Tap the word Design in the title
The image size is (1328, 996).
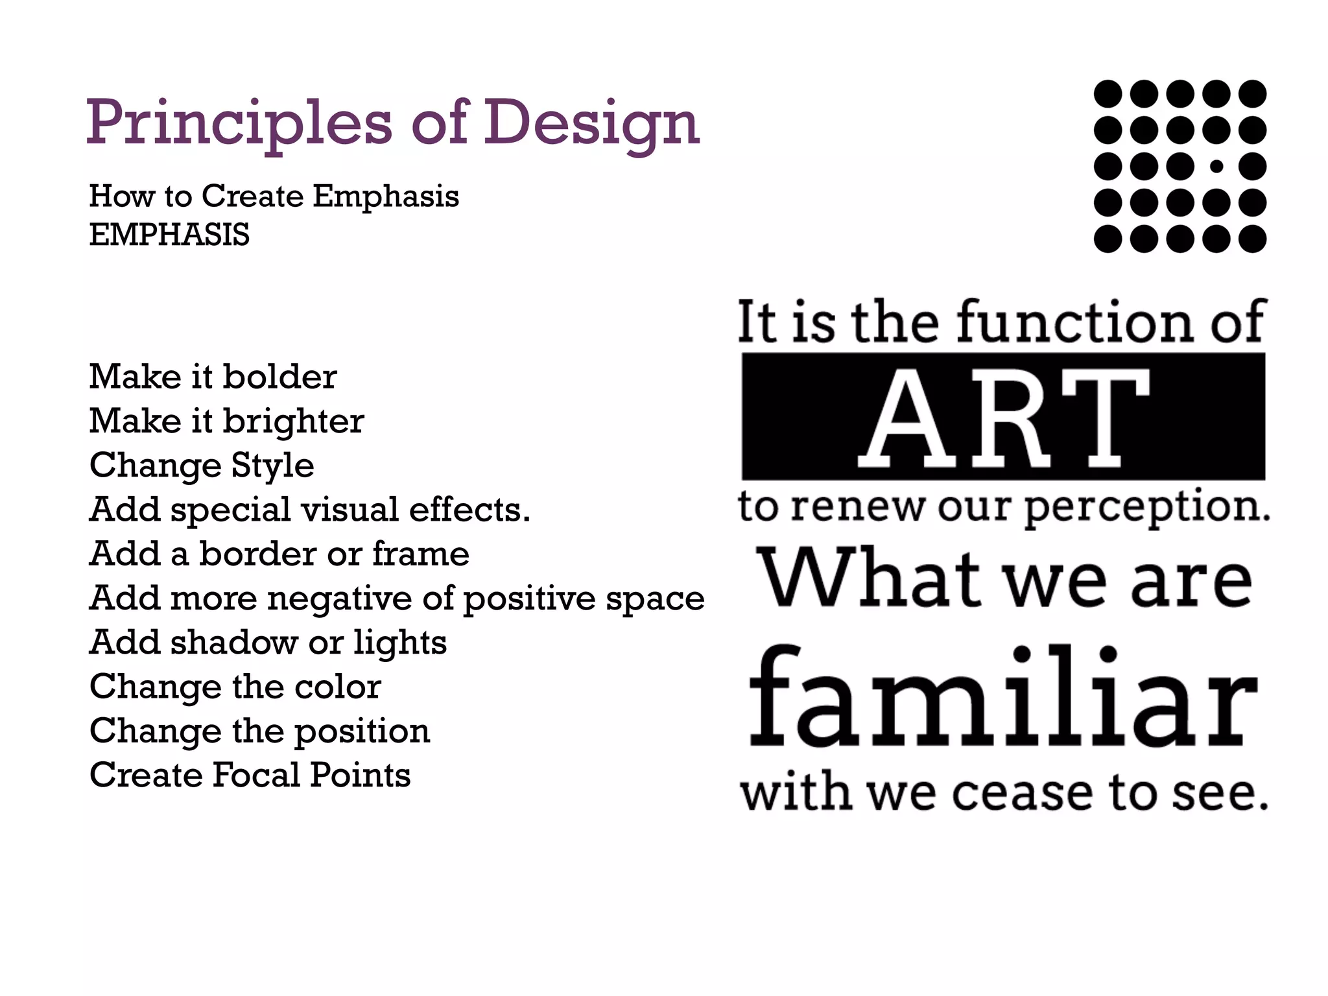click(x=591, y=123)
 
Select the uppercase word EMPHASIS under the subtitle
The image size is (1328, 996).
click(x=169, y=234)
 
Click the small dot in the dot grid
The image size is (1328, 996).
click(x=1216, y=167)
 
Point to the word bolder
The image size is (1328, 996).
click(x=279, y=377)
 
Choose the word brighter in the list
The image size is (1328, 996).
click(x=293, y=422)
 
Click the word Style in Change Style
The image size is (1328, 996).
click(x=272, y=466)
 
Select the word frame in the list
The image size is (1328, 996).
click(x=420, y=554)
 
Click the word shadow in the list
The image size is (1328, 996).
click(x=234, y=643)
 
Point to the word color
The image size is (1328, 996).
click(x=337, y=687)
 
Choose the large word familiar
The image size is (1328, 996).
click(x=1002, y=697)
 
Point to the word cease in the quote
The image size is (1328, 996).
click(x=1023, y=793)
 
